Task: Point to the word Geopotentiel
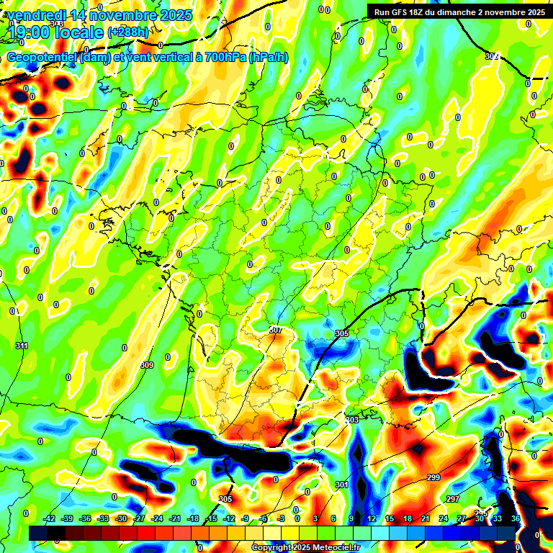tap(42, 57)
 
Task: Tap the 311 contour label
tap(22, 346)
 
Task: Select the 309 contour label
tap(147, 366)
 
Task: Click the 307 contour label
tap(275, 330)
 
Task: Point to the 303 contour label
tap(352, 420)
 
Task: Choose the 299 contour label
tap(433, 478)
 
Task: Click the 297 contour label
tap(452, 499)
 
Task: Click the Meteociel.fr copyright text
tap(305, 547)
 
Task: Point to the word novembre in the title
tap(130, 15)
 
